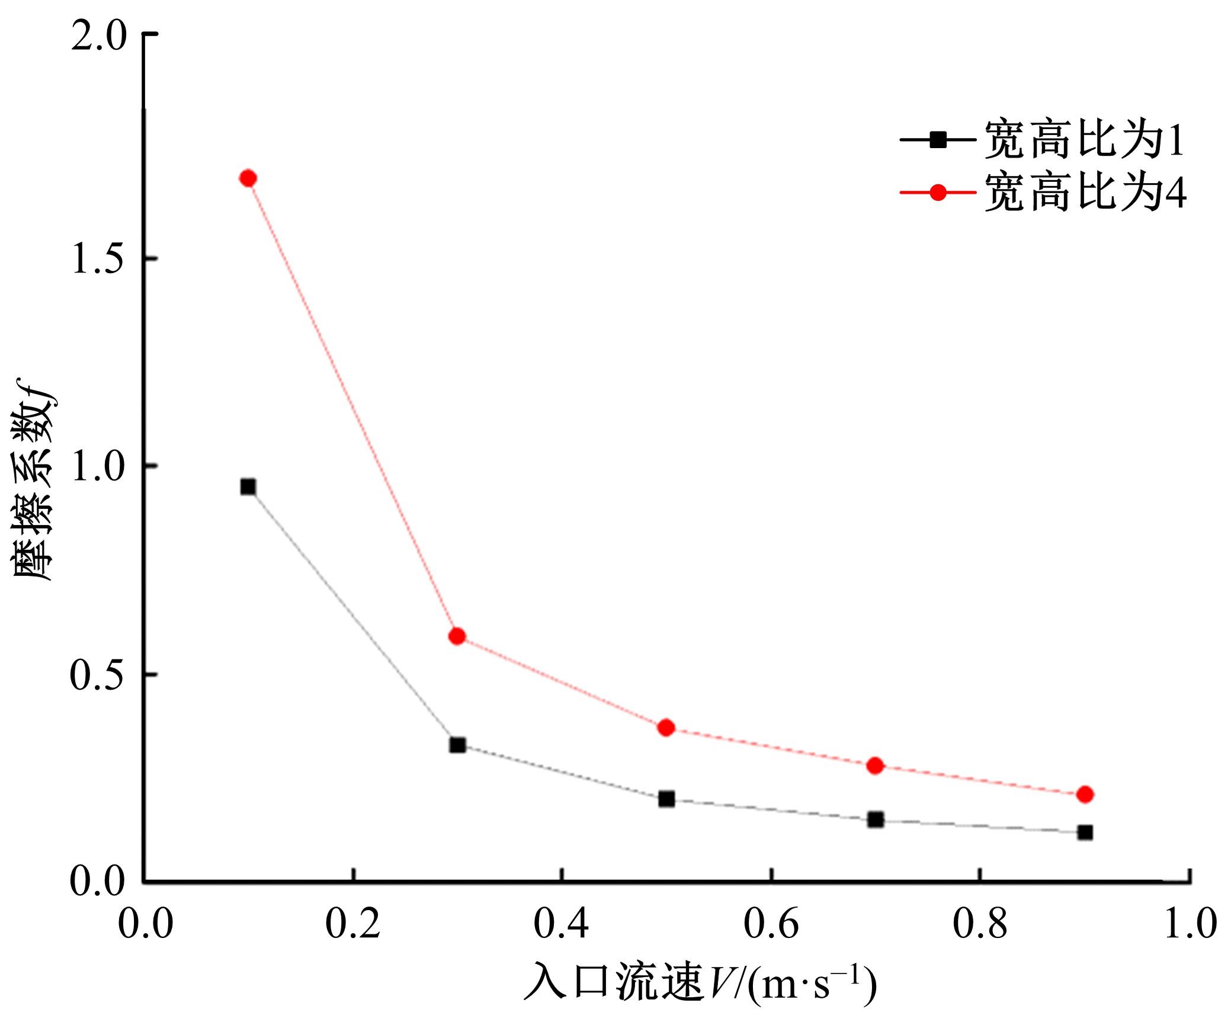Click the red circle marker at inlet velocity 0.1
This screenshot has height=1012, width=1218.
[248, 178]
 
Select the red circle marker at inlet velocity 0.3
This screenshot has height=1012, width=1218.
[457, 636]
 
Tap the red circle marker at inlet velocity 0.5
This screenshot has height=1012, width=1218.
[666, 728]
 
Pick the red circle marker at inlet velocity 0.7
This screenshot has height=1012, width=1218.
[876, 766]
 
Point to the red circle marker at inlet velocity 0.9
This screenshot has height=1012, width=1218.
[1085, 795]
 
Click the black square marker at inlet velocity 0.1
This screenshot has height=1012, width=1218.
[248, 487]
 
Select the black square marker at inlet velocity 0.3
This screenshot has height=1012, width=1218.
[457, 745]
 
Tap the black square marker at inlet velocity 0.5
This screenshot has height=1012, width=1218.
[666, 799]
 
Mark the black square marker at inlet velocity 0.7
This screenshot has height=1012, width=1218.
[876, 820]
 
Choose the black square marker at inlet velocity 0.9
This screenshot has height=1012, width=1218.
[1085, 832]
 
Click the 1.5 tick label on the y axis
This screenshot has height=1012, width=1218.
[98, 258]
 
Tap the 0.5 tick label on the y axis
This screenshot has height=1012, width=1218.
[98, 675]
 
